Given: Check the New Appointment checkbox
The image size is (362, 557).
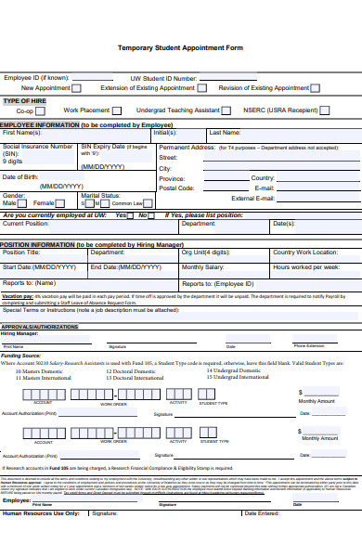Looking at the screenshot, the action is [77, 88].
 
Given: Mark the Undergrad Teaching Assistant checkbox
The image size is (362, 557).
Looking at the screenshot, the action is [227, 110].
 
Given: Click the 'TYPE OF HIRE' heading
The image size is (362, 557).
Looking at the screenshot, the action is [25, 100].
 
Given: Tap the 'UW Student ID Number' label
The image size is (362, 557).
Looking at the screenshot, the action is [163, 79].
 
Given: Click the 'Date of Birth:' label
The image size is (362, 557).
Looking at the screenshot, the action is [20, 176].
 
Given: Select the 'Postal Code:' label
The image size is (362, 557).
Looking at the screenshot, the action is [176, 188].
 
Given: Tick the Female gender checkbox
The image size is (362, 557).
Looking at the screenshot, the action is [59, 202].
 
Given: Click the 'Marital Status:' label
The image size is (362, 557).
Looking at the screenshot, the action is [100, 196].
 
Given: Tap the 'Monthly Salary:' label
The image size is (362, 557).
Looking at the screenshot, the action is [203, 266].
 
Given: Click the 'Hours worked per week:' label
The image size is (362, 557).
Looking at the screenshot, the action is [306, 266].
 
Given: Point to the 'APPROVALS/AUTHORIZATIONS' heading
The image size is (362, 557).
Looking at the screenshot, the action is [39, 327].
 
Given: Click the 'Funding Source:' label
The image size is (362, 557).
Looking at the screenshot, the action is [20, 355].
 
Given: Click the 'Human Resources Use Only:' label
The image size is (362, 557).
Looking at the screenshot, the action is [42, 512].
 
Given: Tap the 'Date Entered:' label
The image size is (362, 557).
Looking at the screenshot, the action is [261, 512].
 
